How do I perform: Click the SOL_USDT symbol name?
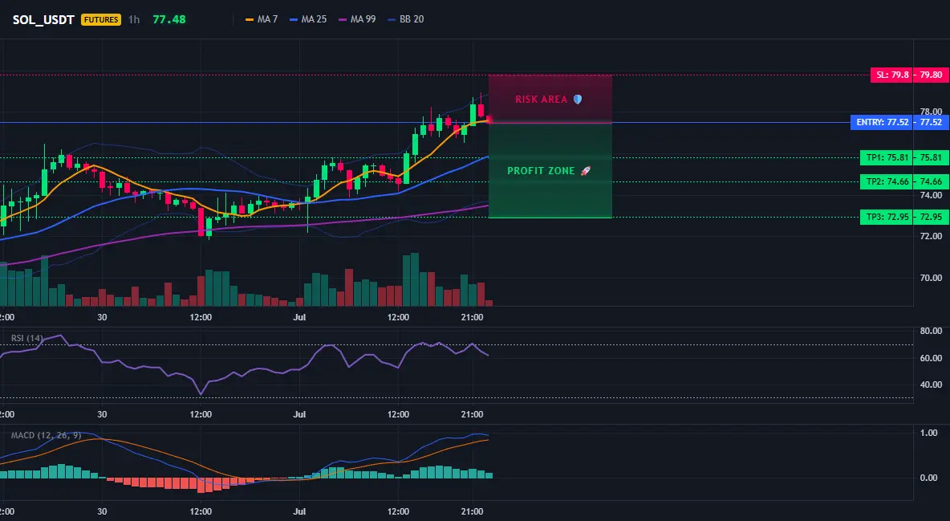point(43,19)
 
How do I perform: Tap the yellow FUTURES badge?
point(101,19)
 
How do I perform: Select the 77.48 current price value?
point(169,19)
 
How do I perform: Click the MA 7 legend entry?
point(261,19)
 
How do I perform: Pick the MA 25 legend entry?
point(308,19)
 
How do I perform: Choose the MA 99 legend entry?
point(357,19)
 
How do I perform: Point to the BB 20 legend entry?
point(405,19)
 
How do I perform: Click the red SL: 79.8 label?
point(891,75)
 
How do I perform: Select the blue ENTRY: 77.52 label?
point(882,123)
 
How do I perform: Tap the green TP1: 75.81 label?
point(887,157)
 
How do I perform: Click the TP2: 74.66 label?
point(887,181)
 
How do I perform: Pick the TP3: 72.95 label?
point(887,217)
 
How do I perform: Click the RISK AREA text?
point(541,100)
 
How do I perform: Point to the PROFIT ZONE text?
point(541,171)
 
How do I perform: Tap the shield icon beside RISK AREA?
point(578,100)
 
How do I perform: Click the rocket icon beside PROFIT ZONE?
point(585,171)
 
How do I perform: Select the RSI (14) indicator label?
point(27,338)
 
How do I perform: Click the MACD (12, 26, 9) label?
point(46,435)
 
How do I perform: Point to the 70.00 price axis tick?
point(932,278)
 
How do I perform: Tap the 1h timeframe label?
point(134,19)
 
